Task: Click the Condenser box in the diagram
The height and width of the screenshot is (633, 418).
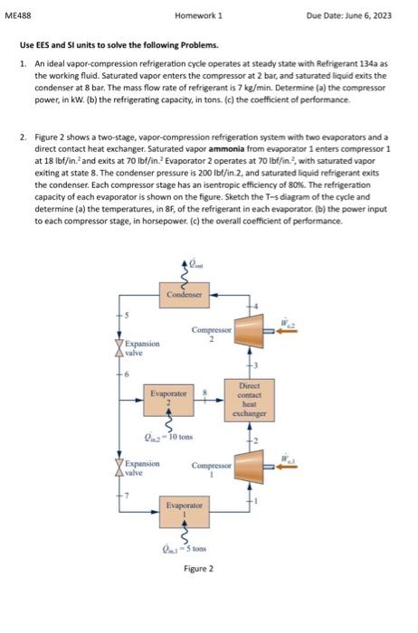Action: coord(185,294)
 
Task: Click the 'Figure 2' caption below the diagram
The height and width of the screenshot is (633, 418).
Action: coord(198,569)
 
